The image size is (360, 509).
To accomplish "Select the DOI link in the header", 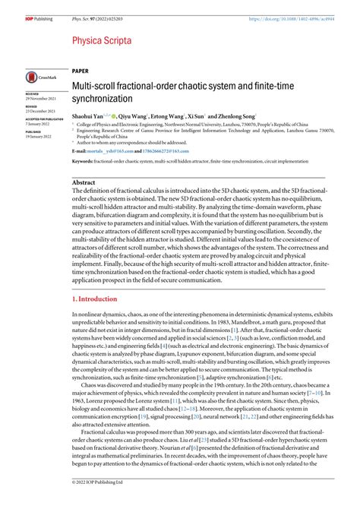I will tap(304, 7).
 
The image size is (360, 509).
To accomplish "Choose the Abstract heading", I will tap(84, 183).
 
